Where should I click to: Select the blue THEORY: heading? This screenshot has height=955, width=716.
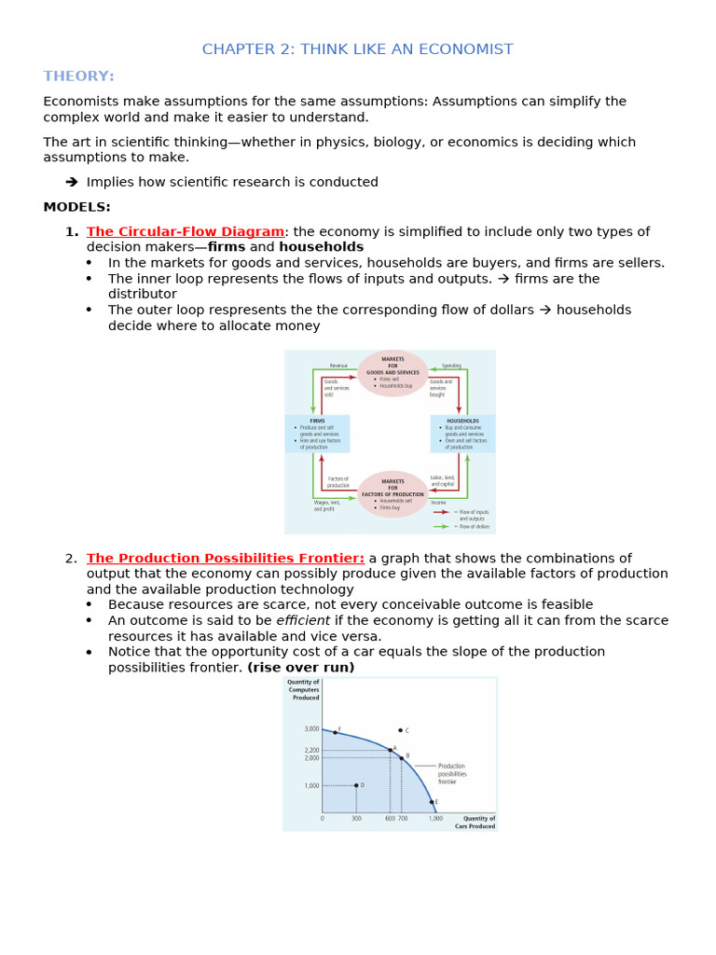click(78, 76)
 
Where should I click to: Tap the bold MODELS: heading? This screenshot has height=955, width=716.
click(76, 207)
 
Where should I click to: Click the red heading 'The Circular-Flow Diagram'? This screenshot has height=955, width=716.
click(186, 231)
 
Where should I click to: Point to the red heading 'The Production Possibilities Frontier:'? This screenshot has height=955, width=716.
click(226, 558)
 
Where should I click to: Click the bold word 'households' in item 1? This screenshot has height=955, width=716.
click(321, 247)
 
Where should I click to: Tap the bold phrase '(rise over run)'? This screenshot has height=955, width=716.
click(301, 668)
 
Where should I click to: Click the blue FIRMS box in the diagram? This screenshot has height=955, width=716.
click(318, 434)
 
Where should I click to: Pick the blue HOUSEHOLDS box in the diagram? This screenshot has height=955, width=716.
click(462, 434)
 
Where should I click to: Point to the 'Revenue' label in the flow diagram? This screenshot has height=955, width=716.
click(337, 366)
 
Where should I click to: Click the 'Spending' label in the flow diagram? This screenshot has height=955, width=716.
click(451, 366)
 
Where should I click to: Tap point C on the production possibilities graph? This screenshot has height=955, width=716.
click(400, 730)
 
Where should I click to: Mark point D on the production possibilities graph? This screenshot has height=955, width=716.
click(356, 785)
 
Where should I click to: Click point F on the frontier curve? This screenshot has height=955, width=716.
click(335, 732)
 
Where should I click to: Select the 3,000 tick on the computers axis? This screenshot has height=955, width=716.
click(310, 729)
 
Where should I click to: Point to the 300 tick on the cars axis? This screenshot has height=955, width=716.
click(356, 819)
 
